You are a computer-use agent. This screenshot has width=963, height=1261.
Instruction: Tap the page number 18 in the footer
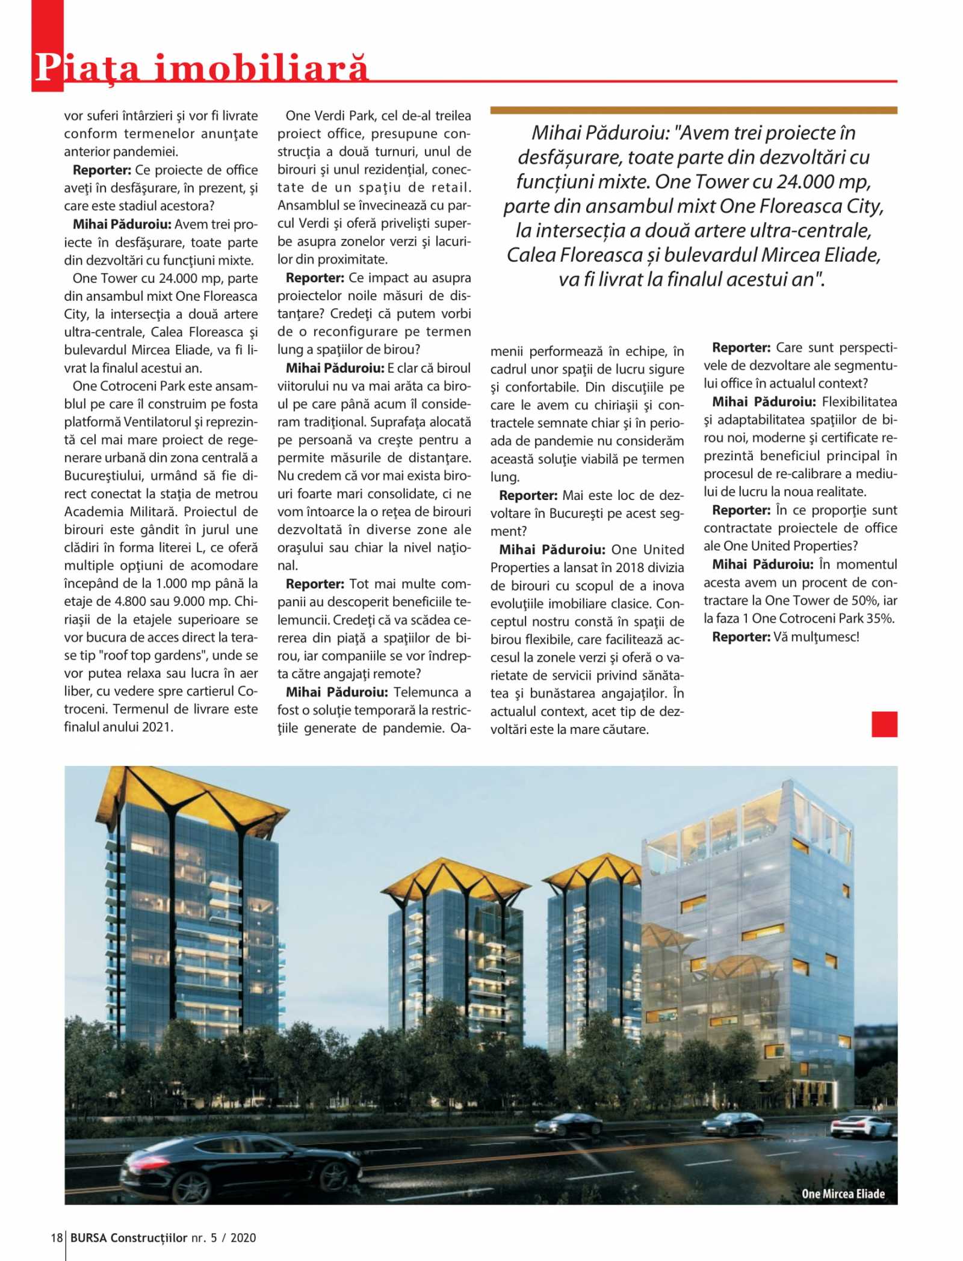point(57,1238)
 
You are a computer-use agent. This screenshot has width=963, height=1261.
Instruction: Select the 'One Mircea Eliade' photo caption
point(843,1194)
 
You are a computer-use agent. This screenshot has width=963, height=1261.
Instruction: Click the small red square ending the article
point(884,724)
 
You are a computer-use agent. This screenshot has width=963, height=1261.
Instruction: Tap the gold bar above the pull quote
point(693,110)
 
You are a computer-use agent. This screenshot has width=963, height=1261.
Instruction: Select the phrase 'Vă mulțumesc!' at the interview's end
point(816,637)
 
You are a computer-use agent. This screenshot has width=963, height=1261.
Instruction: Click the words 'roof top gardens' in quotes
point(181,655)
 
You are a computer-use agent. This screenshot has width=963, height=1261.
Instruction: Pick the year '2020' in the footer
point(243,1238)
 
